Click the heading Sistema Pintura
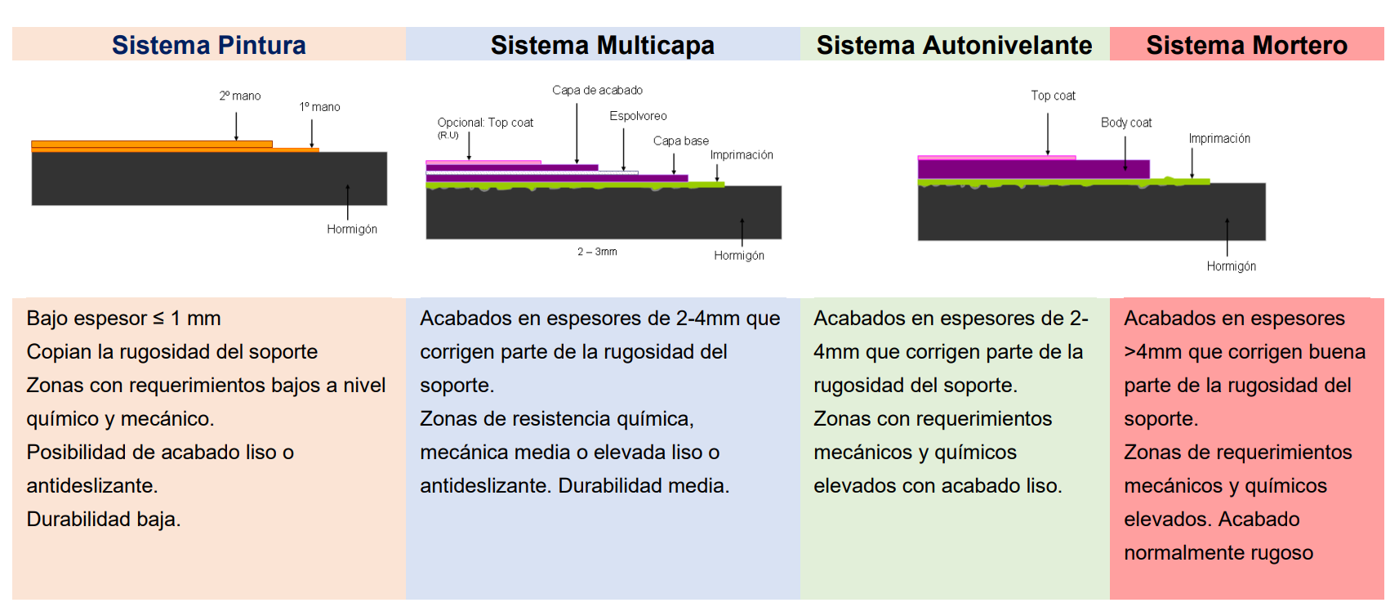208,45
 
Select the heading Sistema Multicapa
602,45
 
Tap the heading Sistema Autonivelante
955,45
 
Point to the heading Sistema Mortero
1246,45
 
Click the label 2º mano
240,96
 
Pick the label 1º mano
320,107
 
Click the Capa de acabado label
597,90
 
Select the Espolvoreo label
639,116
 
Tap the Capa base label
681,141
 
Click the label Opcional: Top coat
485,123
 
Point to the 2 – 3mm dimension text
597,252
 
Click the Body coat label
1126,123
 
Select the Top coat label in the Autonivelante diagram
1053,96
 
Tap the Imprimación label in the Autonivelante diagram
1219,139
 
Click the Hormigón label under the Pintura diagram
352,230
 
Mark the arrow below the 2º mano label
236,126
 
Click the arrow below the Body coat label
1125,153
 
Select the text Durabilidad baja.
104,519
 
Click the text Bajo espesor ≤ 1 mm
123,319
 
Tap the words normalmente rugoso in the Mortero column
1219,552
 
